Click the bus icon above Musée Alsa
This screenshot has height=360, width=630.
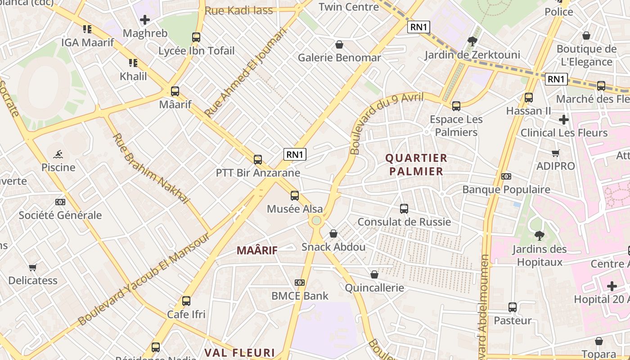point(295,196)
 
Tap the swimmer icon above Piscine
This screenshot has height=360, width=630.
point(58,155)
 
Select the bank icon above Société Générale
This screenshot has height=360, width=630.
point(60,202)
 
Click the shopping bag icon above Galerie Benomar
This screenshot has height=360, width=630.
point(339,45)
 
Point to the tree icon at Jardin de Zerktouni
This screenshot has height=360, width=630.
point(472,42)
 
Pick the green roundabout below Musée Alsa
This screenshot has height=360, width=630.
point(316,220)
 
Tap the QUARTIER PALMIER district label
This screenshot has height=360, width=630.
point(416,165)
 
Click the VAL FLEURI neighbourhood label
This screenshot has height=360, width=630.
point(240,352)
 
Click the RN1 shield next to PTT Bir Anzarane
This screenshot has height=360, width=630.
point(295,154)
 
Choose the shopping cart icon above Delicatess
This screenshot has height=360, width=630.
point(33,268)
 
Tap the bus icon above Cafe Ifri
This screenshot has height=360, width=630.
point(186,301)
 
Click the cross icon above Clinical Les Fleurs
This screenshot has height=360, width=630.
point(563,120)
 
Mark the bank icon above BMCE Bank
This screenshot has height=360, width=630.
point(300,283)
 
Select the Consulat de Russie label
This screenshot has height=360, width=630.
point(404,222)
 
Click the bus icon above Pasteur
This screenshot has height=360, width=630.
point(513,307)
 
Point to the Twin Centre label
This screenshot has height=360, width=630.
point(349,7)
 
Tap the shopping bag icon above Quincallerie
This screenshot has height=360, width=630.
point(374,274)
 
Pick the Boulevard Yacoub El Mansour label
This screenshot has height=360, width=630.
point(144,279)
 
